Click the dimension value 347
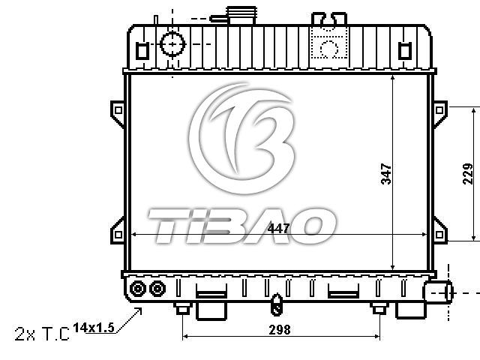[386, 174]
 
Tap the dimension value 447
[278, 228]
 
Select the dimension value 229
[468, 173]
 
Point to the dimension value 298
[280, 330]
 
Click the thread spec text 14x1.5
[94, 328]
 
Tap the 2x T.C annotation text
[42, 334]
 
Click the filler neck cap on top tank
[241, 15]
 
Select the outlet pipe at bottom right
[438, 292]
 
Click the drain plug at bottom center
[277, 304]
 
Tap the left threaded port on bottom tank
[138, 289]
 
